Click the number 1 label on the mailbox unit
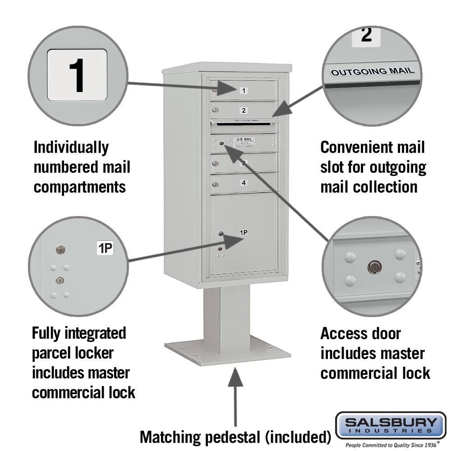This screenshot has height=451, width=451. click(244, 91)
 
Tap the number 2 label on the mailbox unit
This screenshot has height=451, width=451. click(244, 110)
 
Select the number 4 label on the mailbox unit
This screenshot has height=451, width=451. click(244, 183)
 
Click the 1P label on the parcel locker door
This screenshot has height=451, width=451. click(244, 233)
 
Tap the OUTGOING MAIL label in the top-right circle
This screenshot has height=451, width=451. click(373, 71)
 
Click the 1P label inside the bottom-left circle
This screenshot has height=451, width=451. click(105, 248)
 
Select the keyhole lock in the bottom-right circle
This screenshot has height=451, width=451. click(374, 267)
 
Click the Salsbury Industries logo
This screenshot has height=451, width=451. click(391, 425)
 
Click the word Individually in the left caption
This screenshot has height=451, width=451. click(71, 147)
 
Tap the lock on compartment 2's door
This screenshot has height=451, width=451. click(216, 110)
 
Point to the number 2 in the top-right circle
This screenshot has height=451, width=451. click(366, 35)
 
